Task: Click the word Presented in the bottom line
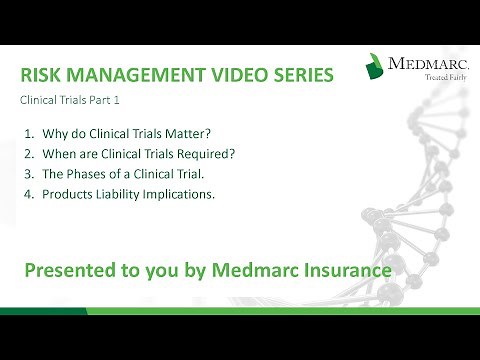click(x=70, y=270)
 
